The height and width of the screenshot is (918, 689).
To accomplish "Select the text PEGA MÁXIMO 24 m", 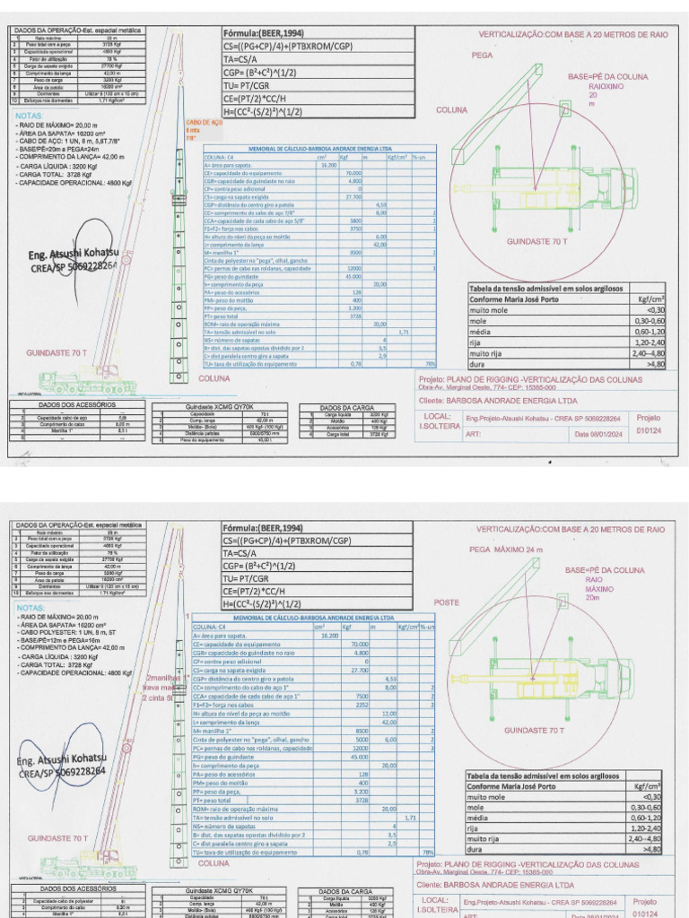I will (x=507, y=549).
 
